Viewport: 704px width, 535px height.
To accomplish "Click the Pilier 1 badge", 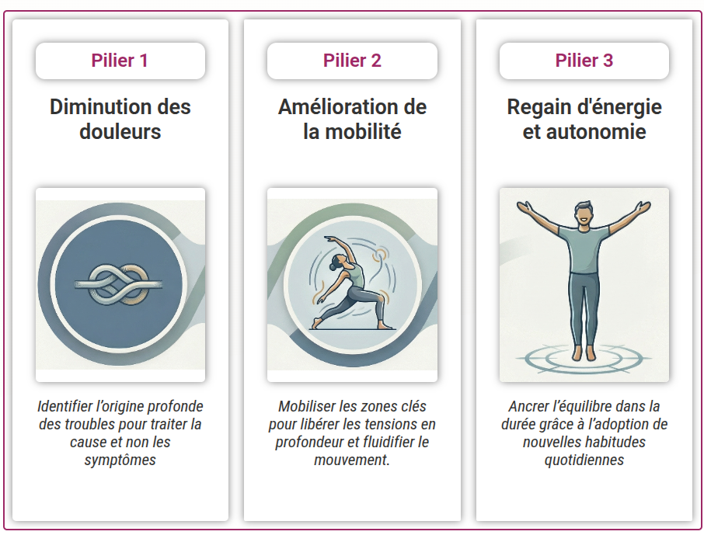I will (x=120, y=61).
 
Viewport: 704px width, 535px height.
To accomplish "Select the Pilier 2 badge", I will (x=352, y=61).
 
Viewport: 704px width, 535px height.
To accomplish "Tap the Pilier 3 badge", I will (x=584, y=61).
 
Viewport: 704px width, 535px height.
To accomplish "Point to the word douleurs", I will (x=120, y=131).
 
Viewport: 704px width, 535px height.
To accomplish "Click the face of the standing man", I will (x=584, y=214).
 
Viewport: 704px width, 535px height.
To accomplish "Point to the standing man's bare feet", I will (x=584, y=354).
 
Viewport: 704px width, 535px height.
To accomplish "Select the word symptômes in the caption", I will (x=120, y=460).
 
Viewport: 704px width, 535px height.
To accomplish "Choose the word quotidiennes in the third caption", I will (x=584, y=460).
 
